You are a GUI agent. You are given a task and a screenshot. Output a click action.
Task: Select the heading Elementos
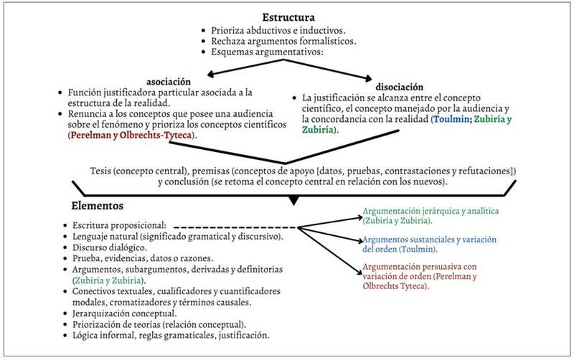(98, 206)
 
